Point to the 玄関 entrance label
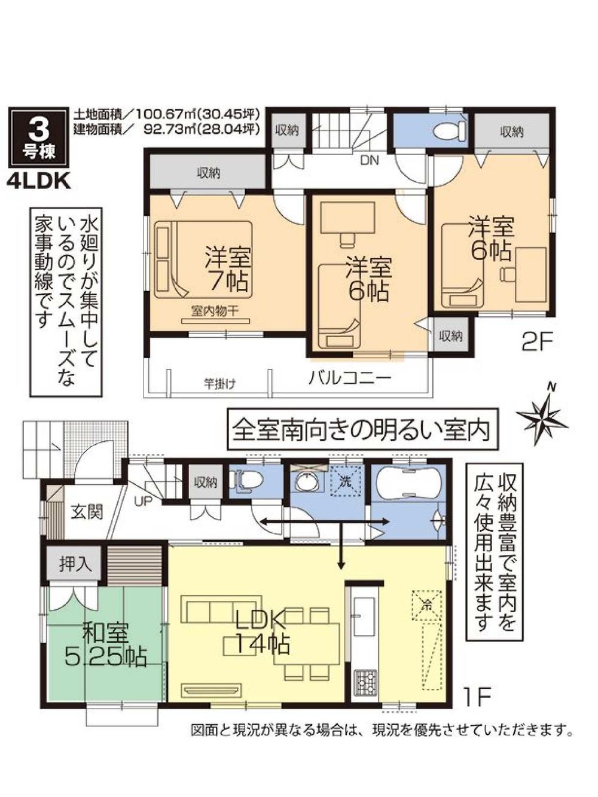click(87, 512)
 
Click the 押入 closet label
click(75, 564)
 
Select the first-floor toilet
click(247, 480)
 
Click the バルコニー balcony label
click(350, 378)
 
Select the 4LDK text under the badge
click(39, 181)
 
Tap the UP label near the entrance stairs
click(143, 502)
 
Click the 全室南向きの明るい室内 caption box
click(362, 429)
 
